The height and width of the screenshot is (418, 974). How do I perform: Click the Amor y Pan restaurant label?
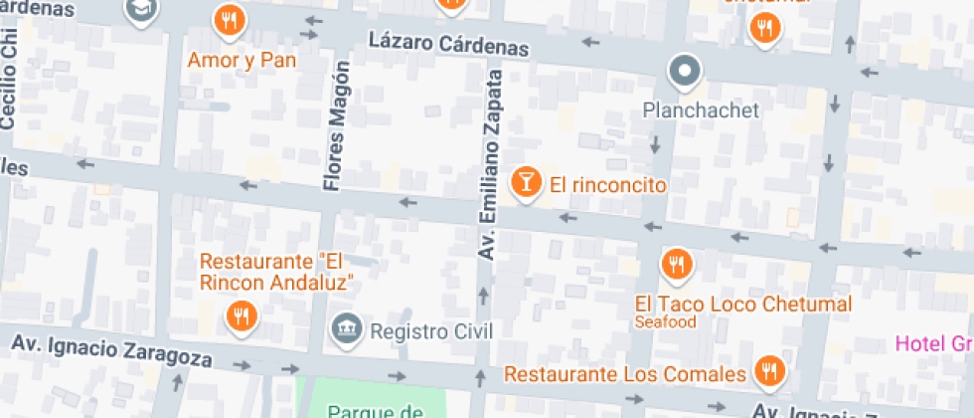click(x=243, y=61)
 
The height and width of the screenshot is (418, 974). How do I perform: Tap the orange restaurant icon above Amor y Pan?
click(x=230, y=20)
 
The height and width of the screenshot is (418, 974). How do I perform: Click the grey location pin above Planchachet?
click(x=685, y=71)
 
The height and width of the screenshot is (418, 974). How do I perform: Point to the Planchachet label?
click(x=701, y=110)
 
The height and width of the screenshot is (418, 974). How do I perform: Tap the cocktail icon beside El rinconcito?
click(x=525, y=182)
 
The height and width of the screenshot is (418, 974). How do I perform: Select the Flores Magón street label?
click(x=337, y=124)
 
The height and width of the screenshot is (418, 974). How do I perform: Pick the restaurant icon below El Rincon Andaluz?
click(x=241, y=316)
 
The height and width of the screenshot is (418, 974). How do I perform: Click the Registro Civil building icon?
click(x=346, y=328)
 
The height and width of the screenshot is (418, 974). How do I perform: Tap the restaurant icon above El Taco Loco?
click(x=677, y=263)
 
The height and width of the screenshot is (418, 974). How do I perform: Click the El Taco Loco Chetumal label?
click(x=743, y=304)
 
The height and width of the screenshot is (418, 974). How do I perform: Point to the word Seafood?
click(x=666, y=322)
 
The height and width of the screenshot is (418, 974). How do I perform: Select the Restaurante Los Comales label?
click(x=625, y=374)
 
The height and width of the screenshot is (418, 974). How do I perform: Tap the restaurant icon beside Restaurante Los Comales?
click(x=767, y=372)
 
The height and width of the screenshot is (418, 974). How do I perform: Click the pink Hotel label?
click(x=933, y=343)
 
